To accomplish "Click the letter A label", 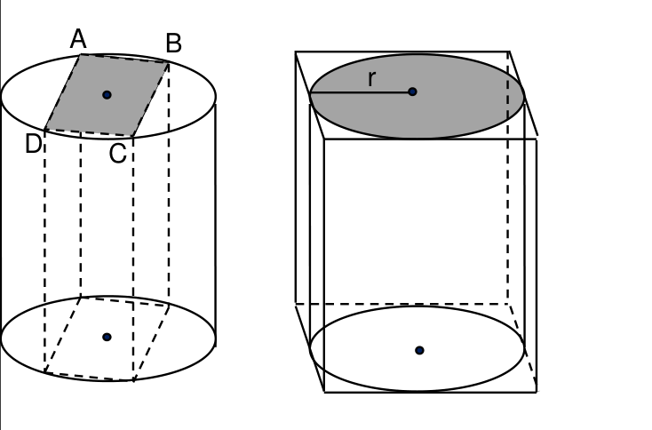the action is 78,39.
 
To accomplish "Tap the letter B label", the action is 173,44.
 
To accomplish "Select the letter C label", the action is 117,153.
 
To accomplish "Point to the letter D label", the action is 33,144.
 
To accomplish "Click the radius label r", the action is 372,78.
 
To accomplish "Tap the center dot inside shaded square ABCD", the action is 107,95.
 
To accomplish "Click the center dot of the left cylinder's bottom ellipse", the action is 107,337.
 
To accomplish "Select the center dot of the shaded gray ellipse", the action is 412,92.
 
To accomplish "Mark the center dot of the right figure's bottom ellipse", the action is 419,350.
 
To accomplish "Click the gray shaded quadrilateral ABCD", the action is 107,95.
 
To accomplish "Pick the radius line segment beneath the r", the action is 361,93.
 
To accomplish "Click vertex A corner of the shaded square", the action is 80,54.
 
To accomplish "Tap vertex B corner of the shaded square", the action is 169,62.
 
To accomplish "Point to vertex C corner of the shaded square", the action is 132,136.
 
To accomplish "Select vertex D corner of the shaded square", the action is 44,130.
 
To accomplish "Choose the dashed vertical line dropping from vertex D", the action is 44,251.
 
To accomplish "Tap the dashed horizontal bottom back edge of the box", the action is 402,304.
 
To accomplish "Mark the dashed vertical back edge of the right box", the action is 508,178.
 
